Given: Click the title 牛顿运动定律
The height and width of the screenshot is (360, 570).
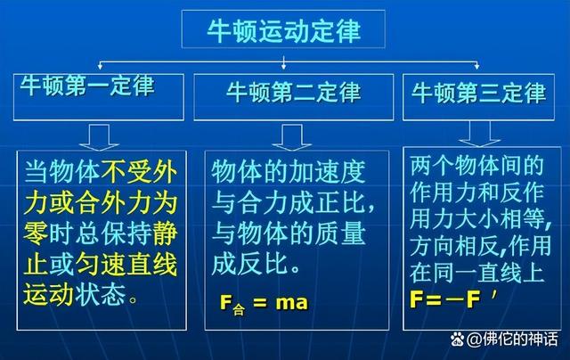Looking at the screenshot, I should [284, 30].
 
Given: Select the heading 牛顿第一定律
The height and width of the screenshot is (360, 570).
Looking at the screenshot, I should [89, 86].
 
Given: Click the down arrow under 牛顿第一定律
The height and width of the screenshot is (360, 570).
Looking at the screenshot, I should [99, 135].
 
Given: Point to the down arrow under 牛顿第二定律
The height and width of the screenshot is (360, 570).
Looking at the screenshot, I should [286, 135].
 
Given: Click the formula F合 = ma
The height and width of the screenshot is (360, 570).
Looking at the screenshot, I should [264, 303].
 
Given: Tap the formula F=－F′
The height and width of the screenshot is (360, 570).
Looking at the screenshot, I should [454, 300].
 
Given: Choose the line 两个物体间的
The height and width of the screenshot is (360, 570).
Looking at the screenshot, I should [476, 167].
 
